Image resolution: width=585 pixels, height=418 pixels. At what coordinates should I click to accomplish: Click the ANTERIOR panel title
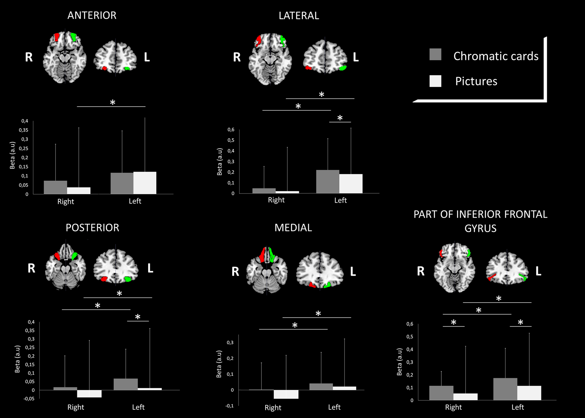92,15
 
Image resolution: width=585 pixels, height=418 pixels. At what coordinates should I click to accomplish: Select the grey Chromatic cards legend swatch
435,55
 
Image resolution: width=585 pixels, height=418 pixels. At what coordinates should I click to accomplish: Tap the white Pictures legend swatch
435,81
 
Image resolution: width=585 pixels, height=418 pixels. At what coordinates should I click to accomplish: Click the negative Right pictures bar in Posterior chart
89,394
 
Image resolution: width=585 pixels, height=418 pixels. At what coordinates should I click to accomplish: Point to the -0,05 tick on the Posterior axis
29,399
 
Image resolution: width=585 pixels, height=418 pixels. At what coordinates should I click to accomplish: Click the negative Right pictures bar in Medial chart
286,394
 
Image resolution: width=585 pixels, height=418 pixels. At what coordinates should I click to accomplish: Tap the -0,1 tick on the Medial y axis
229,406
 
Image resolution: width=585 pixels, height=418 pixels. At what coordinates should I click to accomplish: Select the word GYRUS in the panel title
480,228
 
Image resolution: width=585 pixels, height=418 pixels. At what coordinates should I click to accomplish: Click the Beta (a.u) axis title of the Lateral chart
219,162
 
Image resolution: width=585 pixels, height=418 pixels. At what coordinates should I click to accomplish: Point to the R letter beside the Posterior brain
31,268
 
